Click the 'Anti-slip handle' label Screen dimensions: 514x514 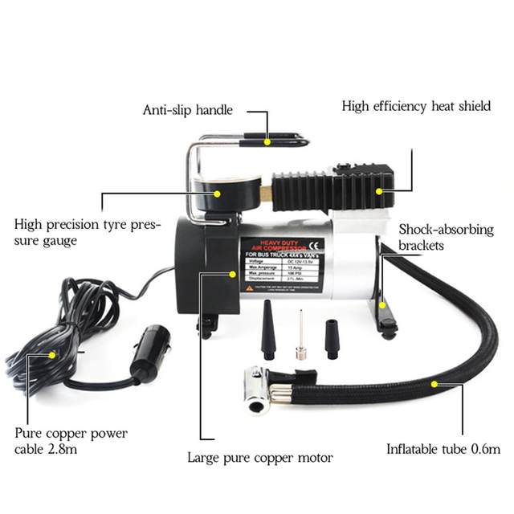pos(187,110)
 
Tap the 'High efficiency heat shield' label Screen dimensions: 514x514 pos(416,106)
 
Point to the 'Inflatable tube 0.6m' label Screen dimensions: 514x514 pos(443,449)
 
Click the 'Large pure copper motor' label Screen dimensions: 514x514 pos(259,458)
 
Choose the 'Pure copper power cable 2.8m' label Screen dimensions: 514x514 pos(71,441)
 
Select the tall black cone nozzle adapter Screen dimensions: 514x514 pos(268,329)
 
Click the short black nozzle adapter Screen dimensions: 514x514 pos(332,339)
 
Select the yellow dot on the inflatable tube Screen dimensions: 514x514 pos(434,385)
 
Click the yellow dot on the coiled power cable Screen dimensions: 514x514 pos(53,354)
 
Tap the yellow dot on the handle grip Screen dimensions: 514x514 pos(266,141)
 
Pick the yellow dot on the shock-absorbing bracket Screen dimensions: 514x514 pos(384,305)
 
